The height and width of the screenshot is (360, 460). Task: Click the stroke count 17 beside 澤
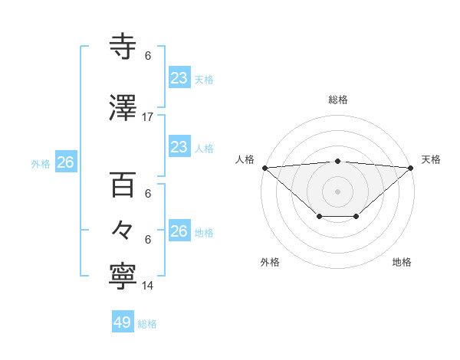click(x=148, y=117)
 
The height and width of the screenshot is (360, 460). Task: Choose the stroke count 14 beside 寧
click(x=148, y=286)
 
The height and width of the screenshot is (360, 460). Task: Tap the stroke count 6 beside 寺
click(x=148, y=56)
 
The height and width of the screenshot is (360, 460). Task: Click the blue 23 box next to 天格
click(x=179, y=78)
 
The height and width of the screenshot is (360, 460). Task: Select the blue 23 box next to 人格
click(x=179, y=146)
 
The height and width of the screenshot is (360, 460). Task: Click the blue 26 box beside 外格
click(x=65, y=162)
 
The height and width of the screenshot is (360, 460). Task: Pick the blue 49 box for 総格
click(x=123, y=322)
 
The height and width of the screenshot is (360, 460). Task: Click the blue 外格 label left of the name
click(x=41, y=163)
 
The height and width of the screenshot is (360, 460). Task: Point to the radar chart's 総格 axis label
click(x=338, y=100)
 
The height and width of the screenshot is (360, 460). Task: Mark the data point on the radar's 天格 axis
click(x=411, y=168)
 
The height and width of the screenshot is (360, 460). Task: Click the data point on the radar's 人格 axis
click(x=264, y=168)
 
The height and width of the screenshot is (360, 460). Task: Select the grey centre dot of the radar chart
click(x=338, y=191)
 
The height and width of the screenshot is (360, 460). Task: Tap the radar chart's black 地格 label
click(x=402, y=262)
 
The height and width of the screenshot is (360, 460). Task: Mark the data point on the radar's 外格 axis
click(x=320, y=217)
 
